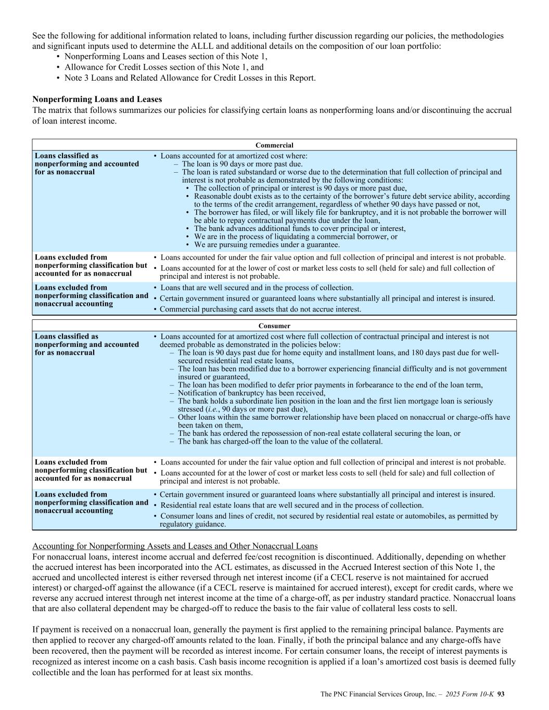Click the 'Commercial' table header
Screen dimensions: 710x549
274,145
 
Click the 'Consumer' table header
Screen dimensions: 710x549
274,326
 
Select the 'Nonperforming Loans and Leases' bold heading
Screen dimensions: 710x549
97,99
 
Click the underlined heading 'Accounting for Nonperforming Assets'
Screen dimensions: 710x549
174,546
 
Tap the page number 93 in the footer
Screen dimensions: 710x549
501,694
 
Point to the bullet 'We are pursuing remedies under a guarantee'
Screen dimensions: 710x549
267,244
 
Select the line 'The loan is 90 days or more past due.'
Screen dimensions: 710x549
242,164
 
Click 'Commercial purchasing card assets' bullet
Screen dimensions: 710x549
260,309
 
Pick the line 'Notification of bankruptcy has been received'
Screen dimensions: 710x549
251,393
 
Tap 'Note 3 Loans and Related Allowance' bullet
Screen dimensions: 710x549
190,78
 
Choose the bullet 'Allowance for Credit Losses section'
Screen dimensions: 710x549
164,67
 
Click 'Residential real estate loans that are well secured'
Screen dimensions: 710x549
292,505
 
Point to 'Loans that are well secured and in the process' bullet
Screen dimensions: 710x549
257,288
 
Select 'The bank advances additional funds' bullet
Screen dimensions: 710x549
300,228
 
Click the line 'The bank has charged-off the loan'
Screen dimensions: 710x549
280,442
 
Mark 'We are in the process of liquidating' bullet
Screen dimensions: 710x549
296,236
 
